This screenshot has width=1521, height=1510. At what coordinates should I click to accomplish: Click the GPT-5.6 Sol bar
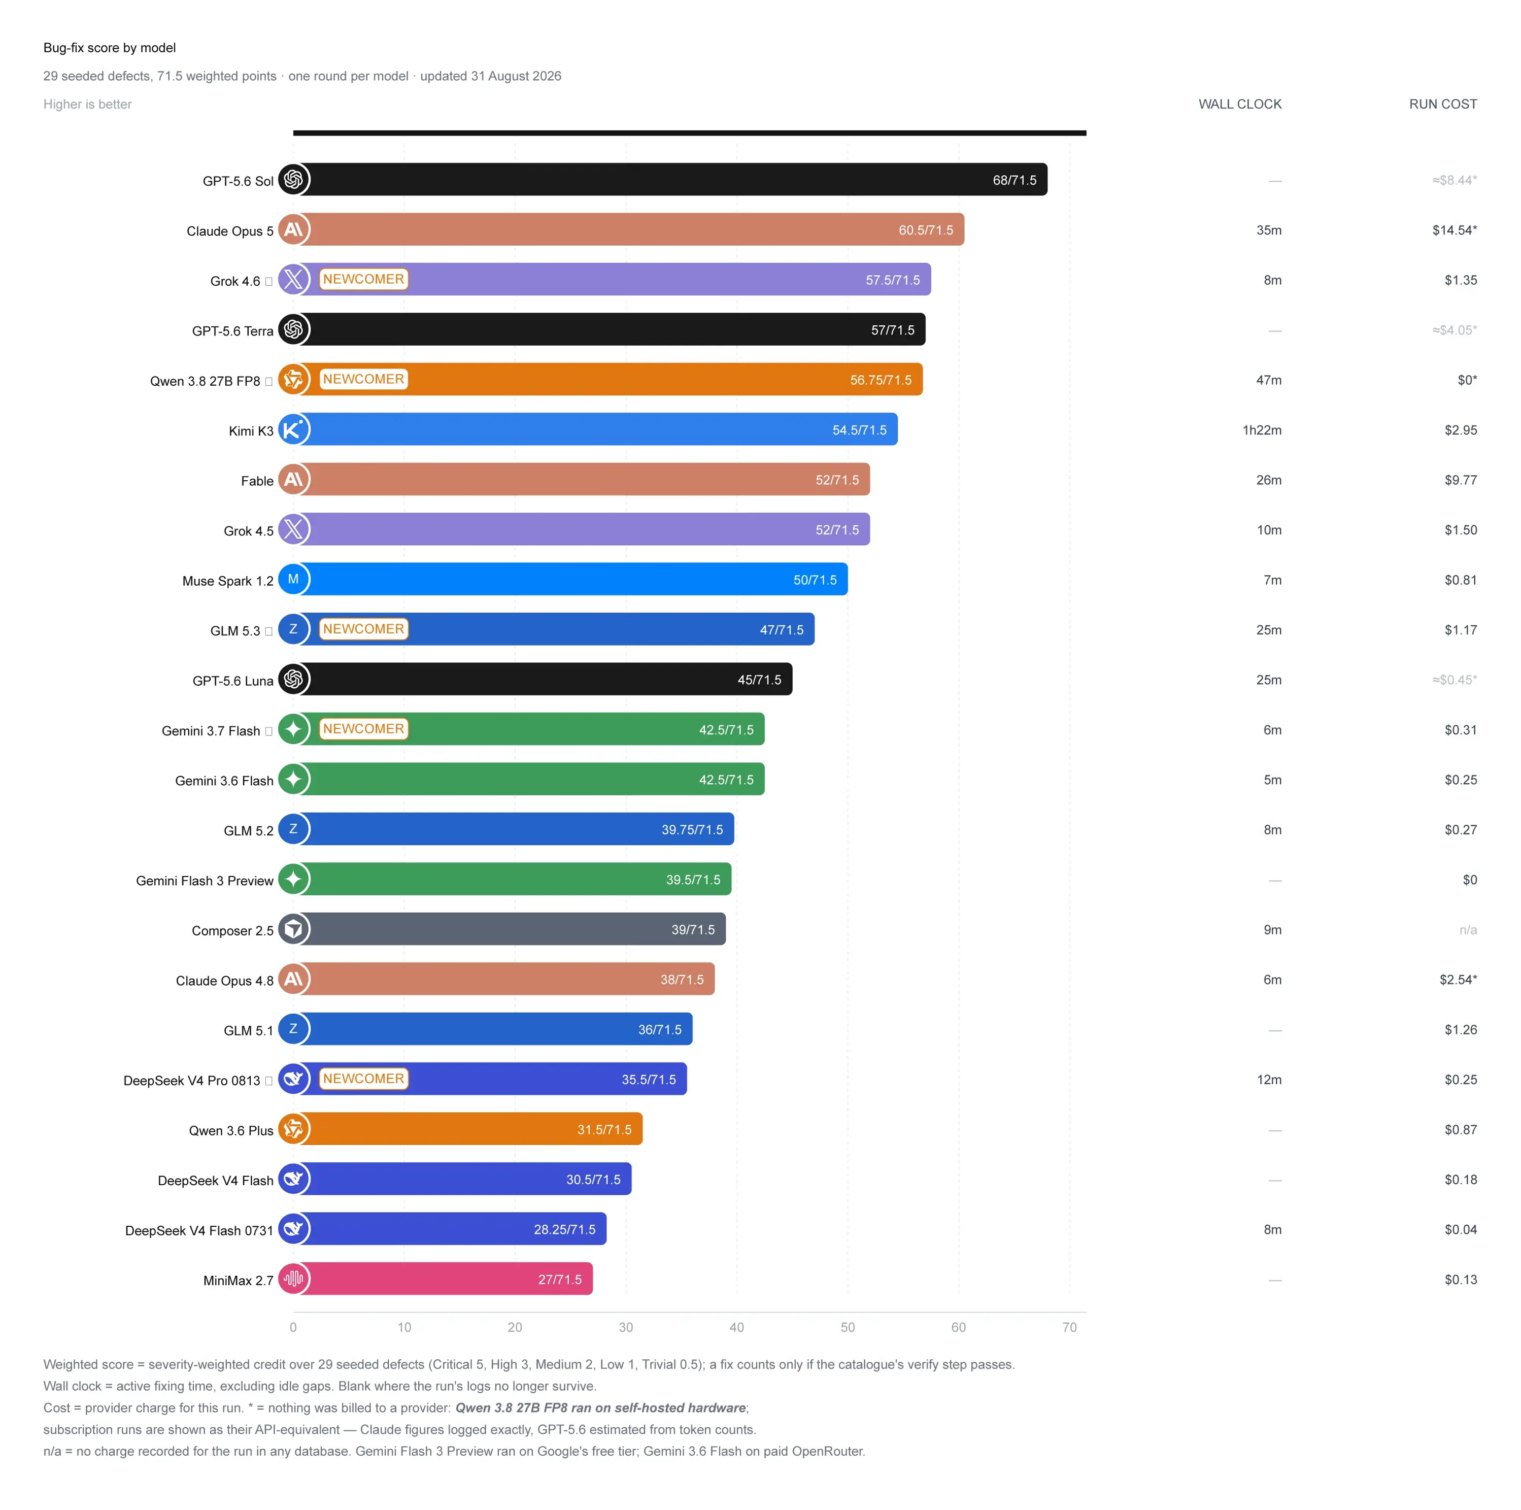coord(670,180)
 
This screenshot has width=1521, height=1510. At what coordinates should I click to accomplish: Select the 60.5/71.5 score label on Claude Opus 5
coord(926,230)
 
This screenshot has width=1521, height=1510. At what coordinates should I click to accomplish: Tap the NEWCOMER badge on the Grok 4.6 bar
coord(364,280)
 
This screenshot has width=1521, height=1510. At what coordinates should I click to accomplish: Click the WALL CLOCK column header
coord(1240,104)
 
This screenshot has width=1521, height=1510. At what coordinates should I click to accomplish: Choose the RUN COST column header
coord(1443,104)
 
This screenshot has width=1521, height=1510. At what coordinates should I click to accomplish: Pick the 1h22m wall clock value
coord(1262,430)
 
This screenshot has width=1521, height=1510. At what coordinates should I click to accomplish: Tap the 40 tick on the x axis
coord(737,1327)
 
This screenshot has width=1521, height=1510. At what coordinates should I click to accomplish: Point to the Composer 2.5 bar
coord(510,929)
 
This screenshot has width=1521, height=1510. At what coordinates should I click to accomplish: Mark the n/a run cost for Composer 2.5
coord(1468,930)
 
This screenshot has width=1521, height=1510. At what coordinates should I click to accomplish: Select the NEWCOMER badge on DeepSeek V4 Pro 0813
coord(364,1079)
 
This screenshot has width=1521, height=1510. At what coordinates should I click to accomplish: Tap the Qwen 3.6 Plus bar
coord(467,1129)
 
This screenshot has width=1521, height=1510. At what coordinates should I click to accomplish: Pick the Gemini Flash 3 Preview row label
coord(205,880)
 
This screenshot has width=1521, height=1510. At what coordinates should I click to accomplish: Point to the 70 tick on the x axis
coord(1069,1327)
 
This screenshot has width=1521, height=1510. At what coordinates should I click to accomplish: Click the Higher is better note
coord(87,104)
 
